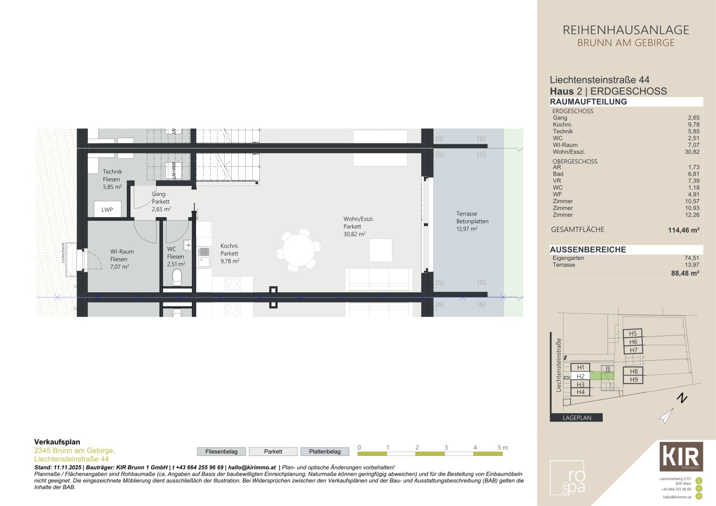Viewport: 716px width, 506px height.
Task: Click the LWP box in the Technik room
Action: coord(107,209)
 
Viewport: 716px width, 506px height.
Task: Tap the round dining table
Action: coord(299,250)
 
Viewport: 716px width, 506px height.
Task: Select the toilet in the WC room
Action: coord(177,277)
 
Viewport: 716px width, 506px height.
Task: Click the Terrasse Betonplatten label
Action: coord(472,221)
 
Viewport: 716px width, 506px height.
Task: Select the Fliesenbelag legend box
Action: coord(221,452)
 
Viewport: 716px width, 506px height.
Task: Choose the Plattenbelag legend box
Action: coord(324,452)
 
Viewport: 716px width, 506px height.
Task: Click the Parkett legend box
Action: coord(273,452)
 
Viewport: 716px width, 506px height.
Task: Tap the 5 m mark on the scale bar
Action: coord(502,448)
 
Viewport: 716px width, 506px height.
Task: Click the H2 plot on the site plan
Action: coord(580,376)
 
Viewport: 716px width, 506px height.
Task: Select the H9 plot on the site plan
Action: coord(633,379)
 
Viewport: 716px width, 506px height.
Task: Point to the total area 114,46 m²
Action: coord(683,230)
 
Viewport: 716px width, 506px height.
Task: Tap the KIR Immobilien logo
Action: coord(681,456)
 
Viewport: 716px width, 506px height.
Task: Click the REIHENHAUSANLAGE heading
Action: coord(626,30)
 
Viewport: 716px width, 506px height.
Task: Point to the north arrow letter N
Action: coord(682,399)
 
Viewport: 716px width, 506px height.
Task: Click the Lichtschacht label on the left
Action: coord(63,253)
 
